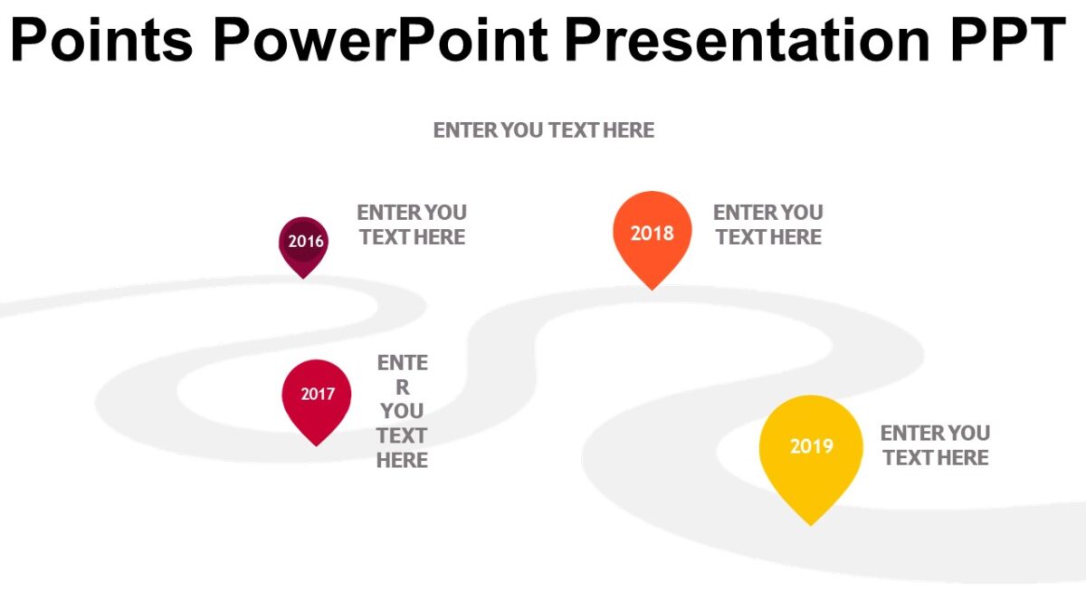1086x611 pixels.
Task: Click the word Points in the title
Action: tap(101, 39)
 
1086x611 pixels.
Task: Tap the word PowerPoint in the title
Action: tap(381, 39)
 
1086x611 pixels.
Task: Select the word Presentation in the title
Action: tap(748, 39)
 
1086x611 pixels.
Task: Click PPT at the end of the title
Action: tap(1008, 39)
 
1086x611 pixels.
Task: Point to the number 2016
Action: tap(306, 241)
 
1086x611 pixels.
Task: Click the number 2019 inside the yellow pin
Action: tap(812, 446)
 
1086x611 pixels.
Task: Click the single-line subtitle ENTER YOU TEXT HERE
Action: tap(544, 130)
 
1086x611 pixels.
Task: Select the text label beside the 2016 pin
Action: tap(412, 225)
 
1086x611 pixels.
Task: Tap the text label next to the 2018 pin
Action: tap(768, 225)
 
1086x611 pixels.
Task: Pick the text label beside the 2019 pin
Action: tap(936, 445)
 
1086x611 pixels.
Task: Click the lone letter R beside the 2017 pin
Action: tap(403, 387)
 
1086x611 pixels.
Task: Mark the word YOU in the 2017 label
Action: tap(402, 411)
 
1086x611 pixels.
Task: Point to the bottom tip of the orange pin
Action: tap(653, 290)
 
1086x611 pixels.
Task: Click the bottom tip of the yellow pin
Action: tap(811, 526)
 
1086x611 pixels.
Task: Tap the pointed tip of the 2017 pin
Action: tap(317, 445)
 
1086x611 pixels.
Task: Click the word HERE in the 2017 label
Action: tap(402, 460)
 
